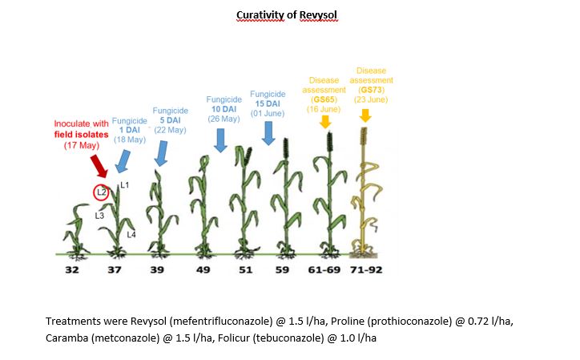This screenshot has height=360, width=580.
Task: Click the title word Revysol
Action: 318,15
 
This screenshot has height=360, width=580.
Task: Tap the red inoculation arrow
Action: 99,166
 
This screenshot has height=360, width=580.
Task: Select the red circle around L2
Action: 101,192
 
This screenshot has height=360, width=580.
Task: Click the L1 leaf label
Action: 125,185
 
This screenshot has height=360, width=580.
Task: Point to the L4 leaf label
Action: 131,234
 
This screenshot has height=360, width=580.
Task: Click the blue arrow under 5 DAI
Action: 161,153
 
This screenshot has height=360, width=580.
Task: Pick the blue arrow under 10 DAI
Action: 220,140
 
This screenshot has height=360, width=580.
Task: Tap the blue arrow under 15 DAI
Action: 268,133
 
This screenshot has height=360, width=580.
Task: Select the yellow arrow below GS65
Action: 325,122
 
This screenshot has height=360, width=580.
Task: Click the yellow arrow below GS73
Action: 365,115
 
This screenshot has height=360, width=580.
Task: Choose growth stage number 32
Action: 72,269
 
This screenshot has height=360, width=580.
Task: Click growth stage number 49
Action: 203,269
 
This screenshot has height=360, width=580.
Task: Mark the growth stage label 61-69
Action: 324,269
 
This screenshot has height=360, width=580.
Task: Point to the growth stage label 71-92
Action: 366,269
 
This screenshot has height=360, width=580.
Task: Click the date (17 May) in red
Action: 82,145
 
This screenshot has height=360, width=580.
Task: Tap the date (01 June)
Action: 268,113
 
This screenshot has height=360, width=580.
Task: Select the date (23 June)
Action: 371,99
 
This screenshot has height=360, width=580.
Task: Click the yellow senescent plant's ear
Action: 364,136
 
